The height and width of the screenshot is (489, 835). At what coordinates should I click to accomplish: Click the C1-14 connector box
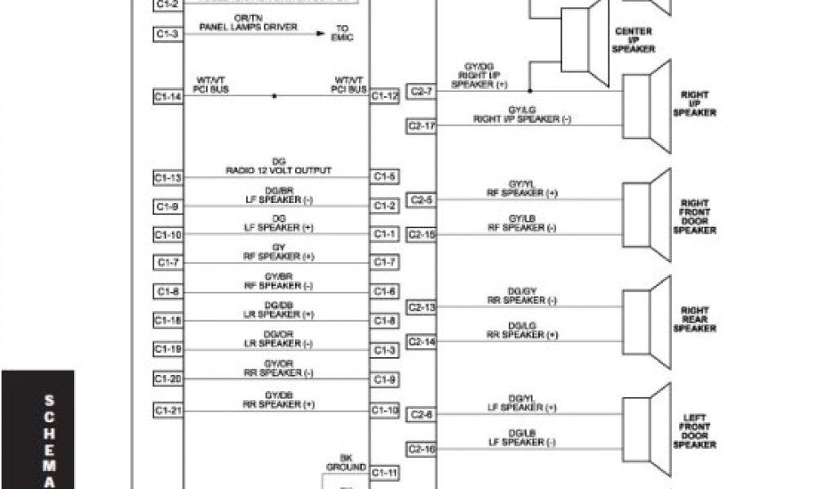click(167, 97)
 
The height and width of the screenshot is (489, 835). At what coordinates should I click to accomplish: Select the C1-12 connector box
click(385, 96)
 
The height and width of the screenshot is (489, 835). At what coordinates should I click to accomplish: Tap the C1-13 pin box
click(167, 178)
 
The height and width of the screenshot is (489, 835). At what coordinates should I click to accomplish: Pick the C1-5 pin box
click(385, 176)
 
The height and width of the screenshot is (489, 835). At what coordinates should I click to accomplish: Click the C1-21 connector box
click(167, 411)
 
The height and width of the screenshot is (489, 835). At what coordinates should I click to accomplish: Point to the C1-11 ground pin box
click(385, 473)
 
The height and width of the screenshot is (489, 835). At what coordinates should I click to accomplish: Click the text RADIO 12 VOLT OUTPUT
click(278, 170)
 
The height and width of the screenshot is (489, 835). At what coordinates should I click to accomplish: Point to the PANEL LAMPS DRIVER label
click(248, 27)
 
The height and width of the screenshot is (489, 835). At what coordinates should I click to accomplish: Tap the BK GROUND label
click(345, 462)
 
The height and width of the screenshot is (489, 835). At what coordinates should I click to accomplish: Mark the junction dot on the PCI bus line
click(274, 96)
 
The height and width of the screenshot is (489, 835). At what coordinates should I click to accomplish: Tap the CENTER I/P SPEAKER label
click(634, 40)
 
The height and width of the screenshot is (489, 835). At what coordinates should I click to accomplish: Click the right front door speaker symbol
click(647, 214)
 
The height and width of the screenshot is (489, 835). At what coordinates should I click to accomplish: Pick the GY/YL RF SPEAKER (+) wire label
click(522, 189)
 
